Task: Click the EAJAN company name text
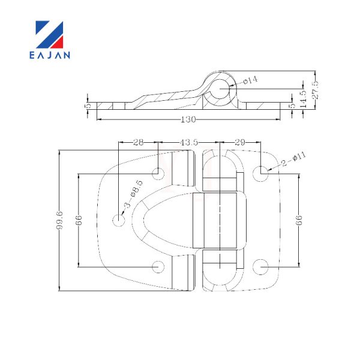pos(50,55)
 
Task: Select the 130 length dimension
pos(188,119)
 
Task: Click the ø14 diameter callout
pos(250,80)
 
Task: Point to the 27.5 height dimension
pos(315,90)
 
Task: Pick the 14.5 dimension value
pos(303,99)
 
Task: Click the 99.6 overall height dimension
pos(59,220)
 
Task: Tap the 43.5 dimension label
pos(189,142)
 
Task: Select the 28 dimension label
pos(138,142)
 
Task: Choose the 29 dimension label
pos(240,142)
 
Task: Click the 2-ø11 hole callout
pos(293,159)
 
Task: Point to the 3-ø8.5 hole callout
pos(133,194)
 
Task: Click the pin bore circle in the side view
pos(220,89)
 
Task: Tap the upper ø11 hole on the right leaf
pos(260,173)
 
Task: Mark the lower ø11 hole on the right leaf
pos(260,267)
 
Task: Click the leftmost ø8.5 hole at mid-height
pos(119,220)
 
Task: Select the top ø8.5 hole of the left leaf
pos(158,173)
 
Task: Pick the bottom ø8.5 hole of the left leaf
pos(158,267)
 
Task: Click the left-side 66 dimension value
pos(79,220)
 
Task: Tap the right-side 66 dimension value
pos(299,220)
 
